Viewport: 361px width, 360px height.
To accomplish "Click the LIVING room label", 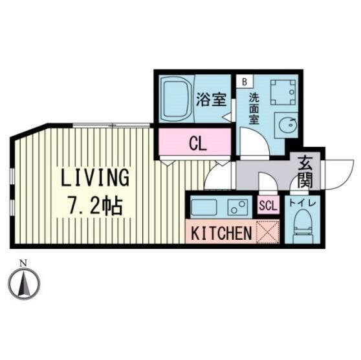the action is [x=94, y=177].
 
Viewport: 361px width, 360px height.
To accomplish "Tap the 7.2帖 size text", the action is [x=94, y=206].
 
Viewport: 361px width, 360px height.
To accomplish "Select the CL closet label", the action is [x=198, y=145].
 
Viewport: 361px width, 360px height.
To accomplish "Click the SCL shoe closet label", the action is [x=268, y=206].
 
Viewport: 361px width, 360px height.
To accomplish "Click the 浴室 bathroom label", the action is [x=212, y=100].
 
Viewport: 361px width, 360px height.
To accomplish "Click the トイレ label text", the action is [x=302, y=203].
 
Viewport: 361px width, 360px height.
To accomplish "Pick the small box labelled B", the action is [x=245, y=81].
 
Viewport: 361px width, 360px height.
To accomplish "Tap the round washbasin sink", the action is [x=287, y=125].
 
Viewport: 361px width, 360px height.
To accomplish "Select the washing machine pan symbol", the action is [x=283, y=92].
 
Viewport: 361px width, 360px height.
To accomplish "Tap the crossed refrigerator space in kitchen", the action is [x=268, y=232].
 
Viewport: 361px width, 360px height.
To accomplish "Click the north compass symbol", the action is [x=24, y=282].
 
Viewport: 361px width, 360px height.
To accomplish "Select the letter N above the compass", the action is [x=23, y=263].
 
